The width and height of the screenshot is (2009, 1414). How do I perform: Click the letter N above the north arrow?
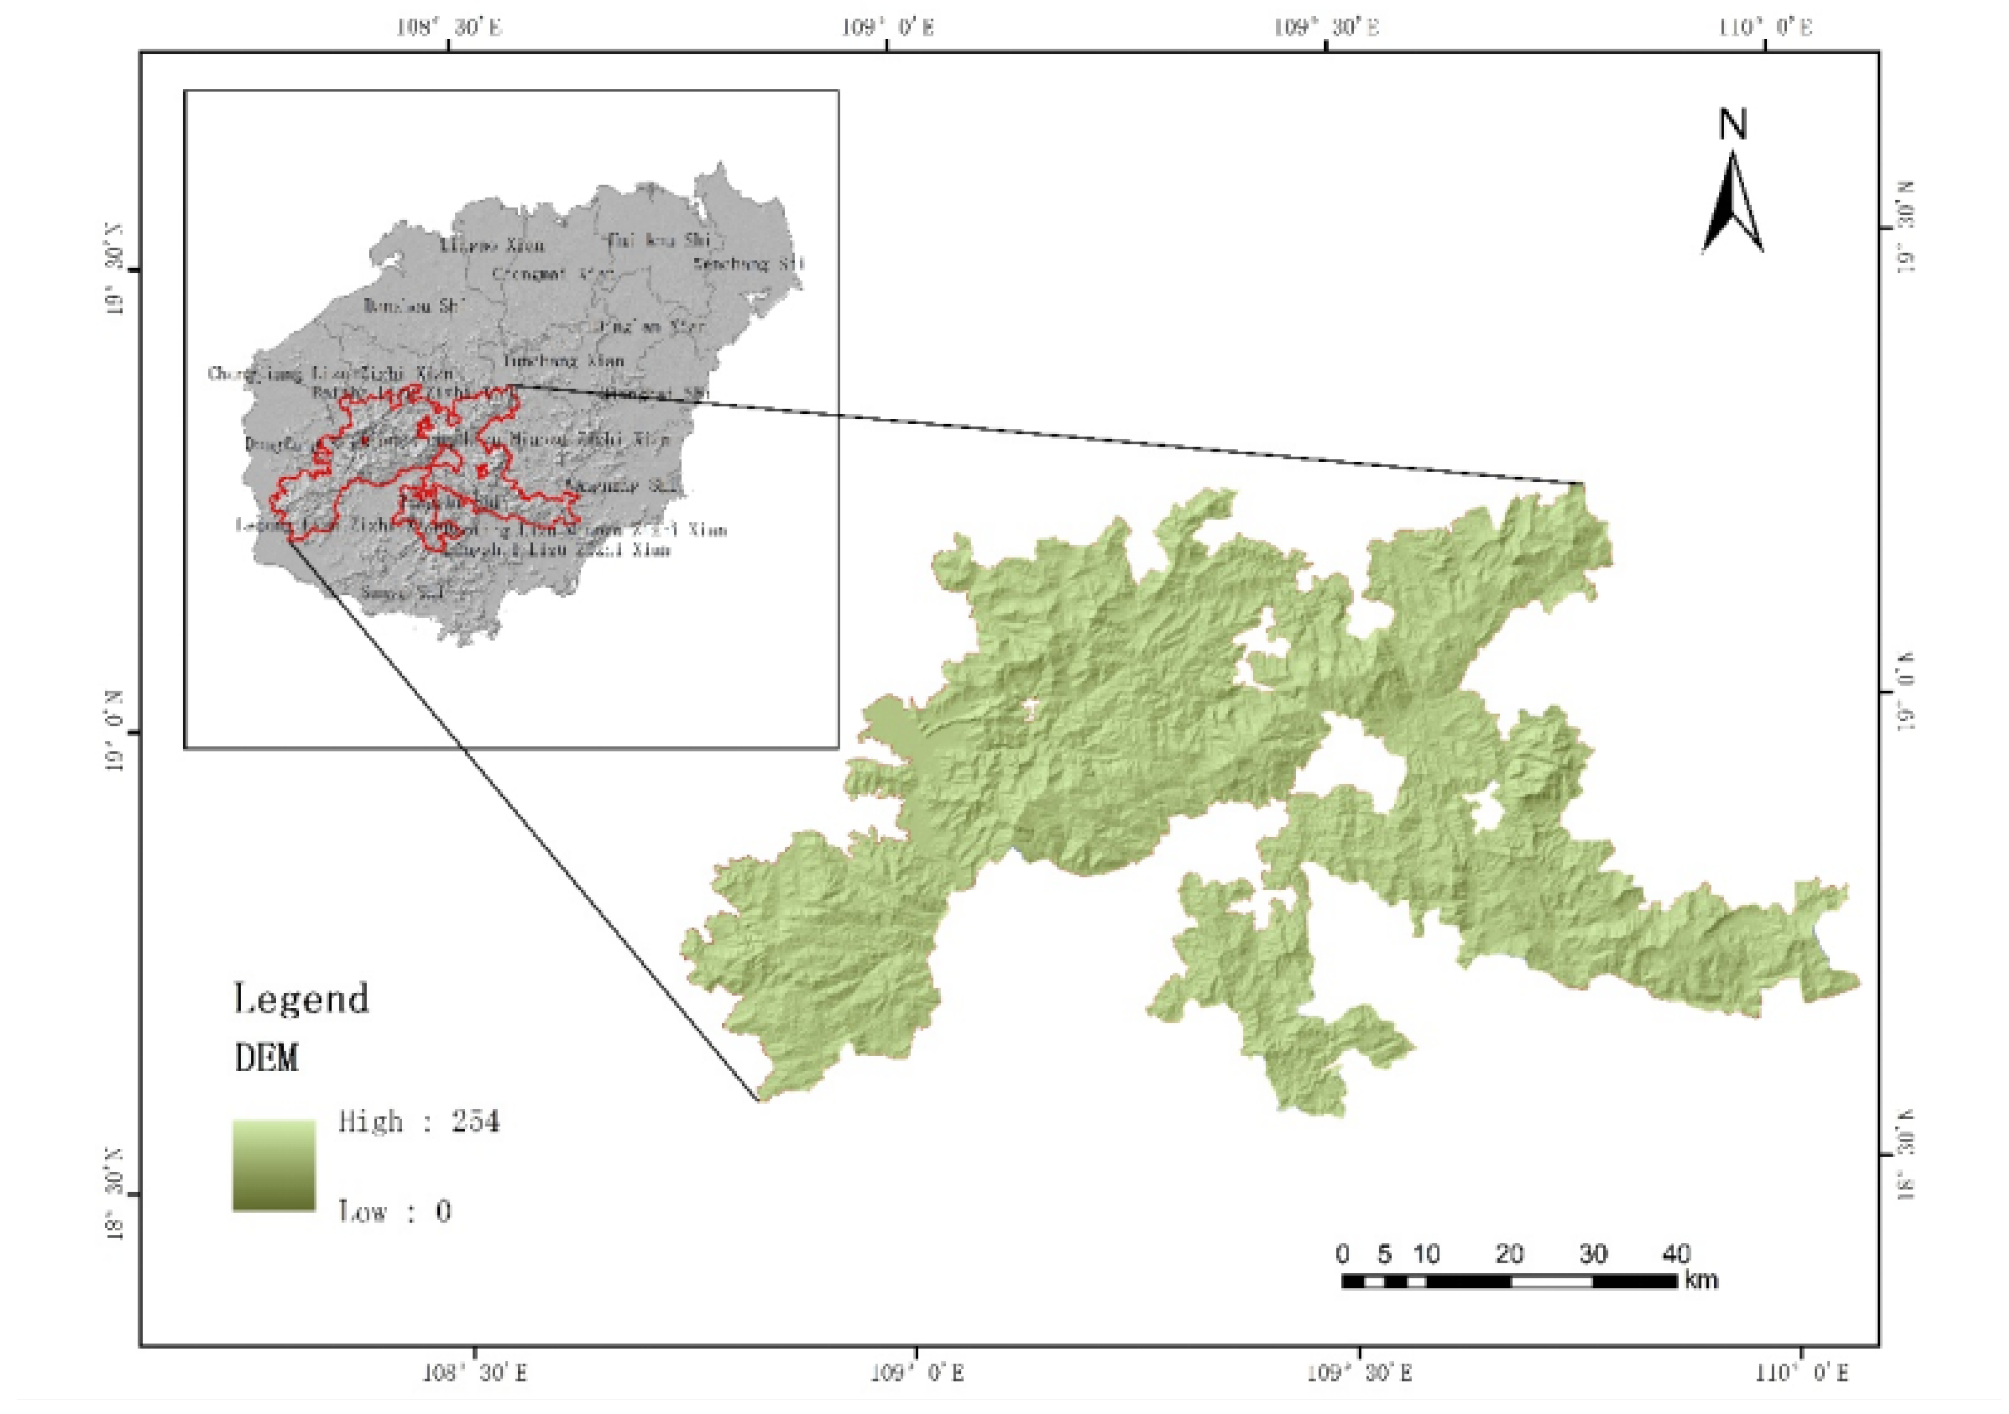click(x=1732, y=124)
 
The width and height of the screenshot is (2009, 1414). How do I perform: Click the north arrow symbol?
click(x=1732, y=206)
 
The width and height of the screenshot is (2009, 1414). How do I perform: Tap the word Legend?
click(x=302, y=998)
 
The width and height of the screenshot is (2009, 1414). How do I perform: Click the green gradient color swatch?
click(x=274, y=1165)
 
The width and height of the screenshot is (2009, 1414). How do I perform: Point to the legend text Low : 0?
click(x=395, y=1211)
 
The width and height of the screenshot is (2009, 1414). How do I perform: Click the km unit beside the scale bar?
click(x=1701, y=1280)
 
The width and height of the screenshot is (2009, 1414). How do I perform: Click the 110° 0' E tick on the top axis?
click(x=1765, y=28)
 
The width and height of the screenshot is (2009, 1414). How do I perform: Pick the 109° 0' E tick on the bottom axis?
click(x=917, y=1372)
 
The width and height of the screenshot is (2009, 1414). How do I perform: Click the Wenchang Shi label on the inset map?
click(x=748, y=263)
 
